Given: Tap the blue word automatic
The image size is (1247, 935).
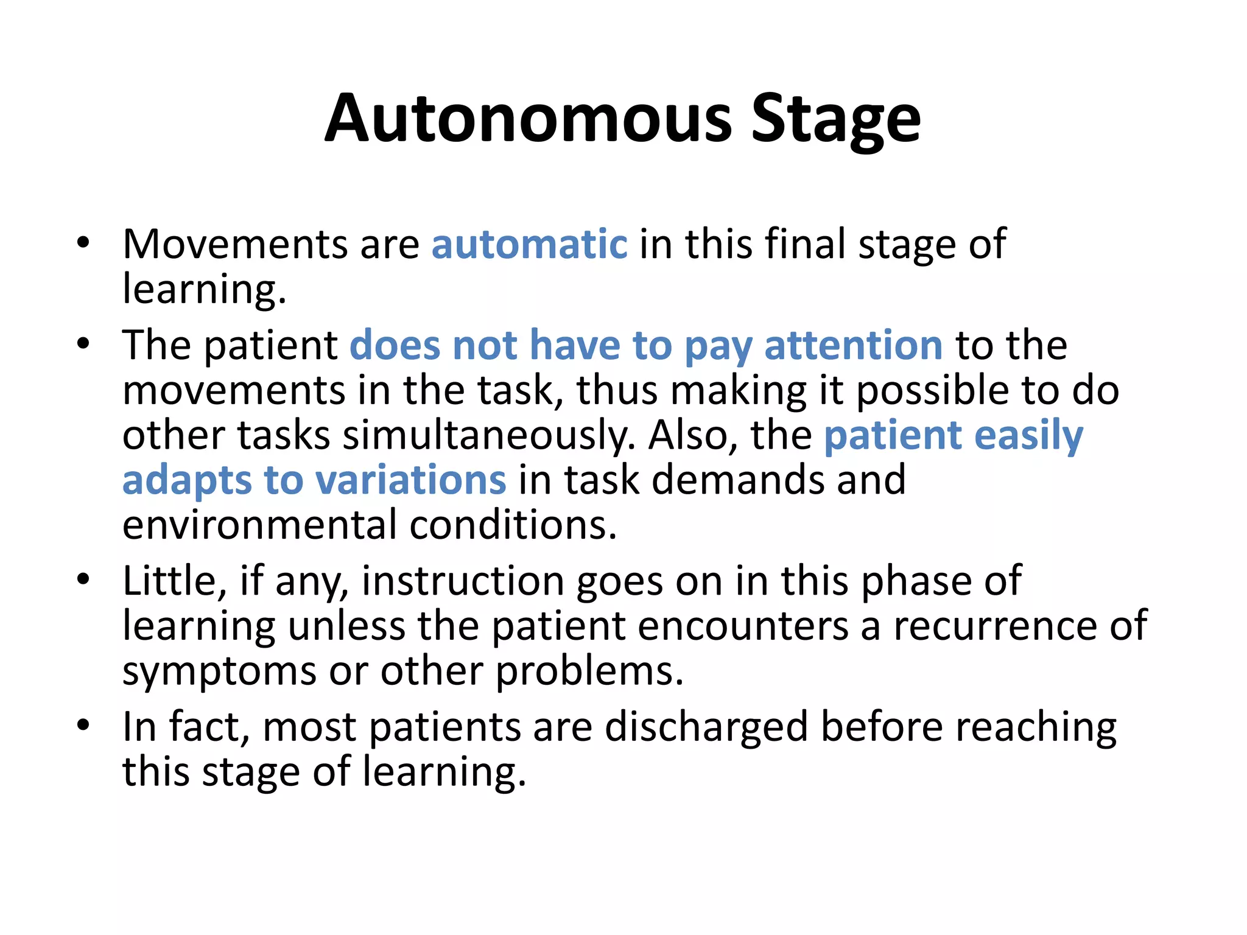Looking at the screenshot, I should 529,244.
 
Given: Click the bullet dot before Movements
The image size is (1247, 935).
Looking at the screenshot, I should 83,243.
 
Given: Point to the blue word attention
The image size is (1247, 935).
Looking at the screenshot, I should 854,345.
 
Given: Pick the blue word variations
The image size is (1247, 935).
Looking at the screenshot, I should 411,480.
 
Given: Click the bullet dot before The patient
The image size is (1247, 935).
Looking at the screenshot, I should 83,345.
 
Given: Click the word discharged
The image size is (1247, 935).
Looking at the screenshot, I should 706,727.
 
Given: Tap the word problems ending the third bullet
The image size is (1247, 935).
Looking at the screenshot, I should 589,671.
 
